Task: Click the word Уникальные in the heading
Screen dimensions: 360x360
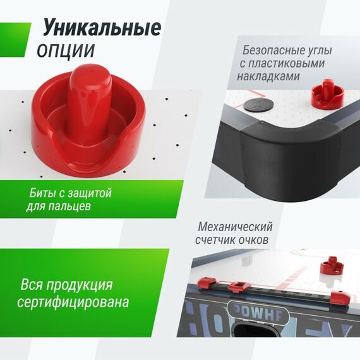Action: coord(101,28)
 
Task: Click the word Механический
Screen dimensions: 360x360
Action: coord(235,226)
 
